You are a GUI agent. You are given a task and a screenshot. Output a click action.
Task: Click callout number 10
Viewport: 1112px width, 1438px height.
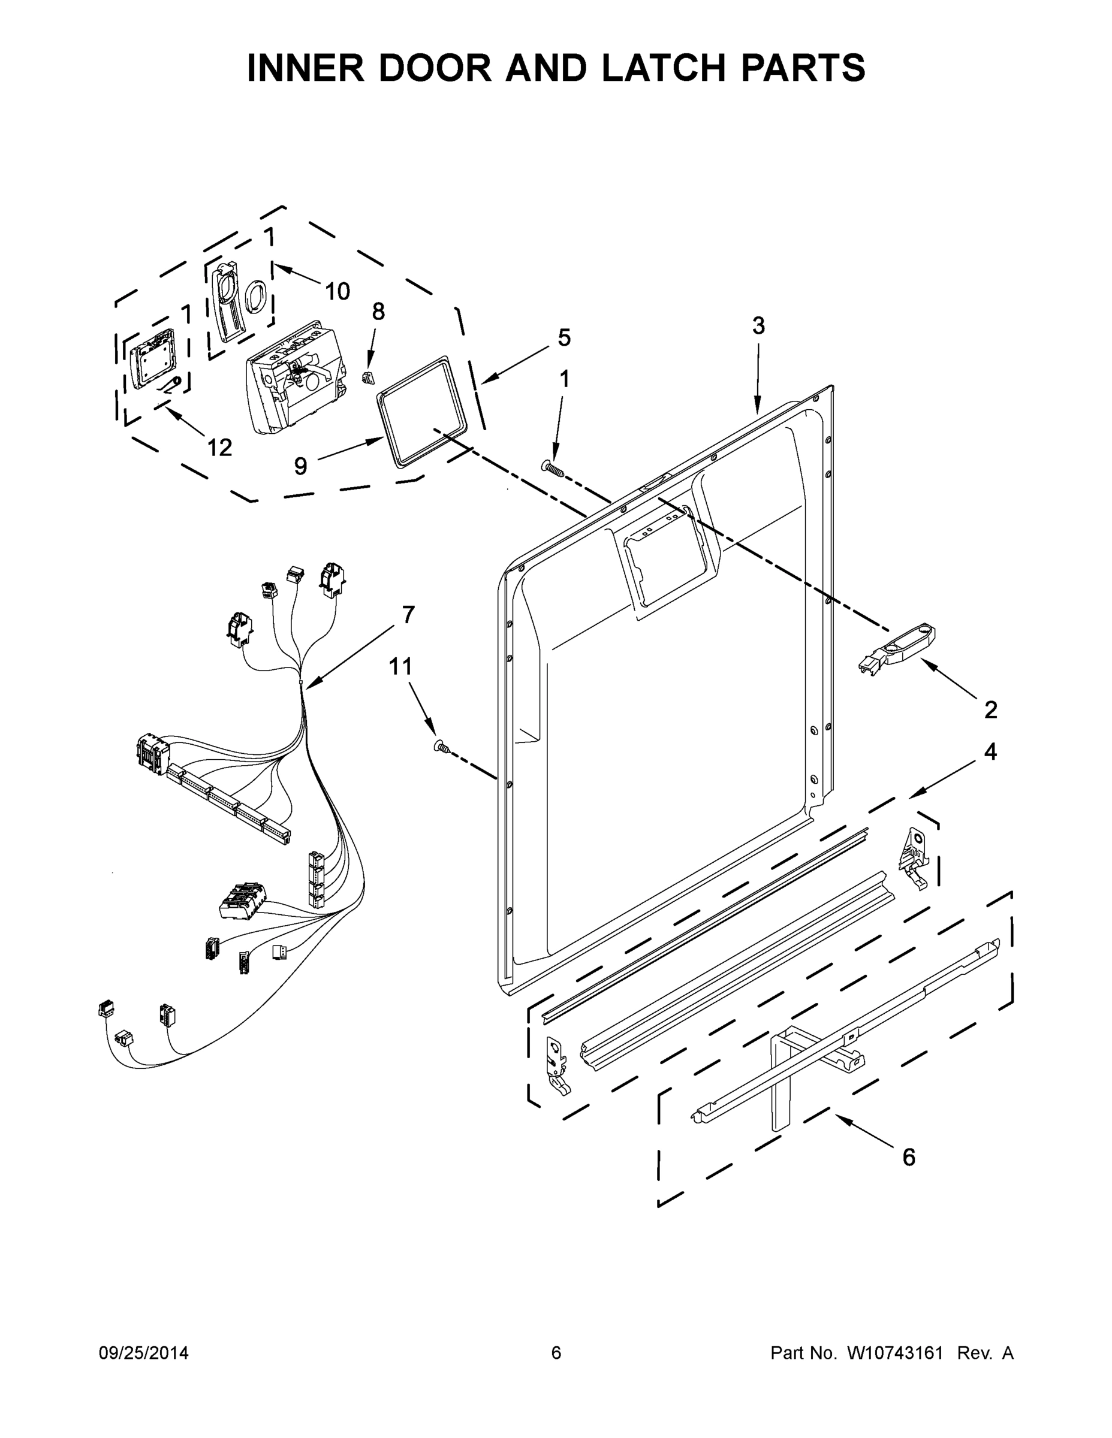337,291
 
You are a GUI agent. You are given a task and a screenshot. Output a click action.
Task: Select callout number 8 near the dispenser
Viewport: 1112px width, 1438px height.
378,312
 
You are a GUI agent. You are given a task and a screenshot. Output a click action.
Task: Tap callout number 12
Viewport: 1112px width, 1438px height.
219,448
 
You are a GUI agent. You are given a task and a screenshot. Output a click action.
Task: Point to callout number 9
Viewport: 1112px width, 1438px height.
300,466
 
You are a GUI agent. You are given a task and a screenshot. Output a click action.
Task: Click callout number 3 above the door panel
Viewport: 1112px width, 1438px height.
758,325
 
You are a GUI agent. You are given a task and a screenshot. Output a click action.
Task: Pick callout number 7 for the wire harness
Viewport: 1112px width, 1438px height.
408,614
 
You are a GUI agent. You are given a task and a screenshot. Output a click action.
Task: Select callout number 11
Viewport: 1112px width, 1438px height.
400,667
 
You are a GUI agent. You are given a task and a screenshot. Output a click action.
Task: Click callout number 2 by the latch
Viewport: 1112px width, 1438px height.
991,710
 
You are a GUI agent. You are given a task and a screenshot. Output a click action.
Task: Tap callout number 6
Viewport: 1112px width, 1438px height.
908,1158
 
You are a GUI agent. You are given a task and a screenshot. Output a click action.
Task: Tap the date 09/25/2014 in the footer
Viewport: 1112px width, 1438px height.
144,1353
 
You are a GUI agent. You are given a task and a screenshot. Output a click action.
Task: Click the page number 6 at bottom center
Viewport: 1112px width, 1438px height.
556,1353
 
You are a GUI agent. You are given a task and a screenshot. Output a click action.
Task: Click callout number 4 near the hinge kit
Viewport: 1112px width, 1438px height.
990,752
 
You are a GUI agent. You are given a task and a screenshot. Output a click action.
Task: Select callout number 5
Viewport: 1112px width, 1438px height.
564,337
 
